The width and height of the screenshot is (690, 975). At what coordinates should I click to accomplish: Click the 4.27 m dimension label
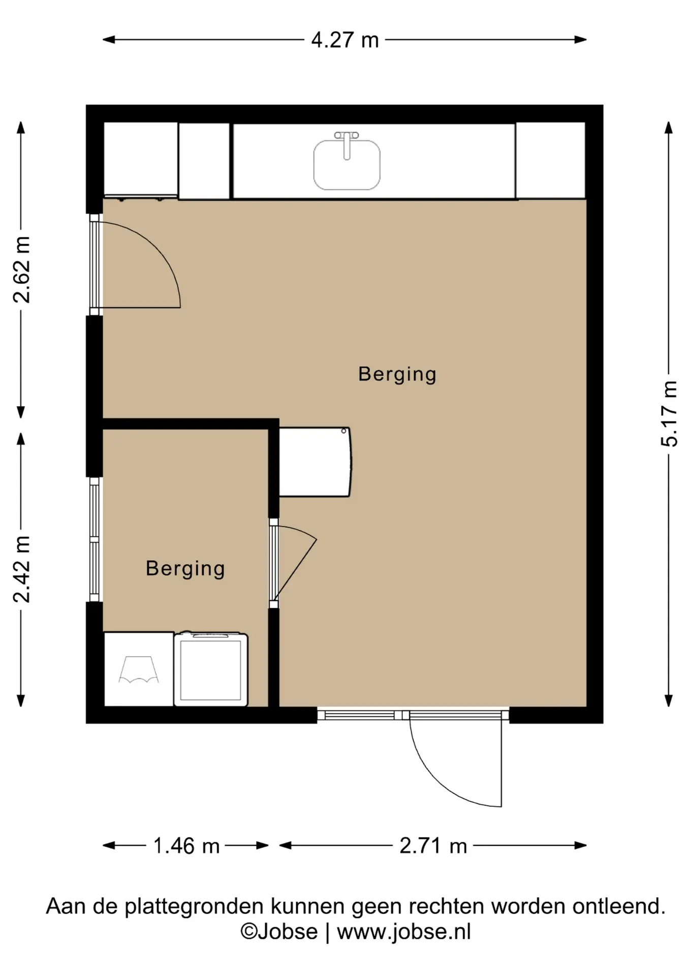click(x=345, y=40)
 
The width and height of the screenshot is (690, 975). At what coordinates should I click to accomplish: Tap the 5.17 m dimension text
click(x=669, y=413)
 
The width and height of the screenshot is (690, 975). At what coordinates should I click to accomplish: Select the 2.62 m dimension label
click(x=22, y=270)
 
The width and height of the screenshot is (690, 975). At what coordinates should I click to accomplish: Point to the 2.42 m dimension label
click(x=22, y=569)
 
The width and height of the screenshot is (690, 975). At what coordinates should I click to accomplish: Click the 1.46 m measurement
click(x=186, y=846)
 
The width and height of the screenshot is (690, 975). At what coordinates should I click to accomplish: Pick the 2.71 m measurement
click(x=433, y=846)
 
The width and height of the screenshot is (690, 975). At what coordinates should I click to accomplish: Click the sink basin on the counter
click(x=347, y=165)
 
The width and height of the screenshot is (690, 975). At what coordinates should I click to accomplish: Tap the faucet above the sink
click(x=347, y=144)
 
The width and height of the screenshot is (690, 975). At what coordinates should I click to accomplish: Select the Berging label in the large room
click(x=397, y=375)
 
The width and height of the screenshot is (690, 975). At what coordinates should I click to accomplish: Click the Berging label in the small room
click(x=185, y=569)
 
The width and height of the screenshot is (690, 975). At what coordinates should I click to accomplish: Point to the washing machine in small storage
click(x=211, y=669)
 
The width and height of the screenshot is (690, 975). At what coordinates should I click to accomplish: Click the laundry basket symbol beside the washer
click(x=139, y=669)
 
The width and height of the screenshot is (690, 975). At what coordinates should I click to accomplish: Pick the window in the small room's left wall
click(x=95, y=539)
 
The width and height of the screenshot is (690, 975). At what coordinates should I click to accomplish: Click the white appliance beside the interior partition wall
click(x=315, y=462)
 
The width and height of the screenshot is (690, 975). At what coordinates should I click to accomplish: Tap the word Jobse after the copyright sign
click(x=288, y=932)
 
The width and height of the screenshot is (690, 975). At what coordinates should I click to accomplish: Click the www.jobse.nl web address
click(x=404, y=932)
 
